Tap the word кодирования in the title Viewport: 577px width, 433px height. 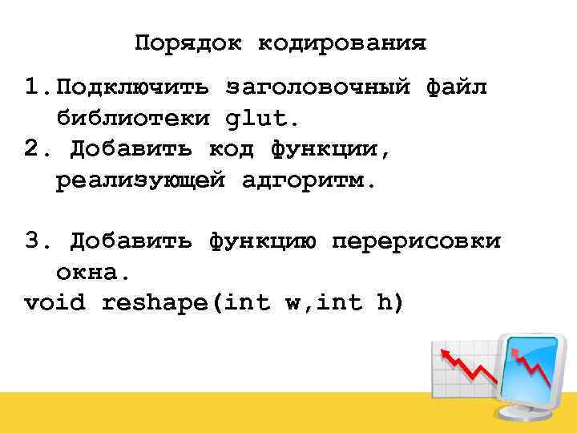coord(342,42)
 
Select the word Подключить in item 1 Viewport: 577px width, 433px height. coord(133,87)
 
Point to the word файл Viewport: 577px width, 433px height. coord(456,87)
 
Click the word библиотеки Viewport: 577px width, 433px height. coord(133,119)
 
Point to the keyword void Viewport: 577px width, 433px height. coord(56,303)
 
